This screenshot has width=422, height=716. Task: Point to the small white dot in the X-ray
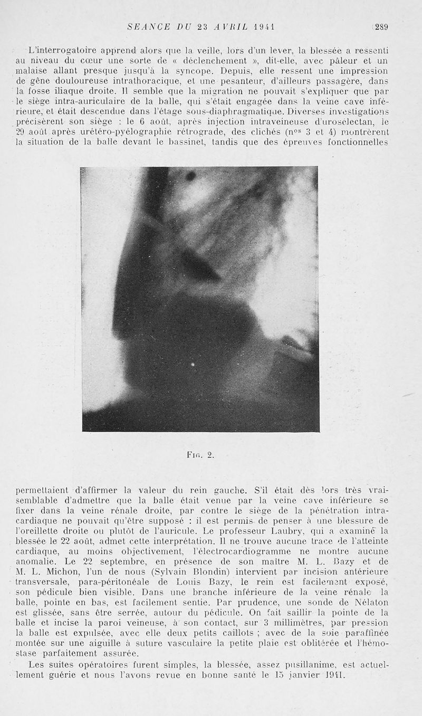[x=192, y=364]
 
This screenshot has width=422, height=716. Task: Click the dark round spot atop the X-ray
[x=191, y=176]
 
